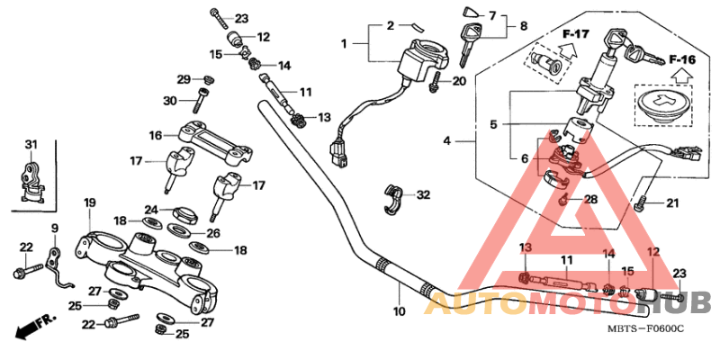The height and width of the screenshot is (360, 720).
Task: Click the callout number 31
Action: (31, 145)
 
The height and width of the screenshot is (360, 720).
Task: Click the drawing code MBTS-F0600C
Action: (644, 330)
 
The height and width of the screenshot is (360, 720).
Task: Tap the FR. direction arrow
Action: (35, 325)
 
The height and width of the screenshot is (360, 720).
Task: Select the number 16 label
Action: (155, 135)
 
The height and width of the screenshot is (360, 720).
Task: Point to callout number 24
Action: (152, 210)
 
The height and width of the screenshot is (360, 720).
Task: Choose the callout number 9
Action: (53, 228)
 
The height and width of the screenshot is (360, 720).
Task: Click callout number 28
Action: (590, 200)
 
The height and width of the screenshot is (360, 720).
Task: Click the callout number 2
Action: (391, 25)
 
